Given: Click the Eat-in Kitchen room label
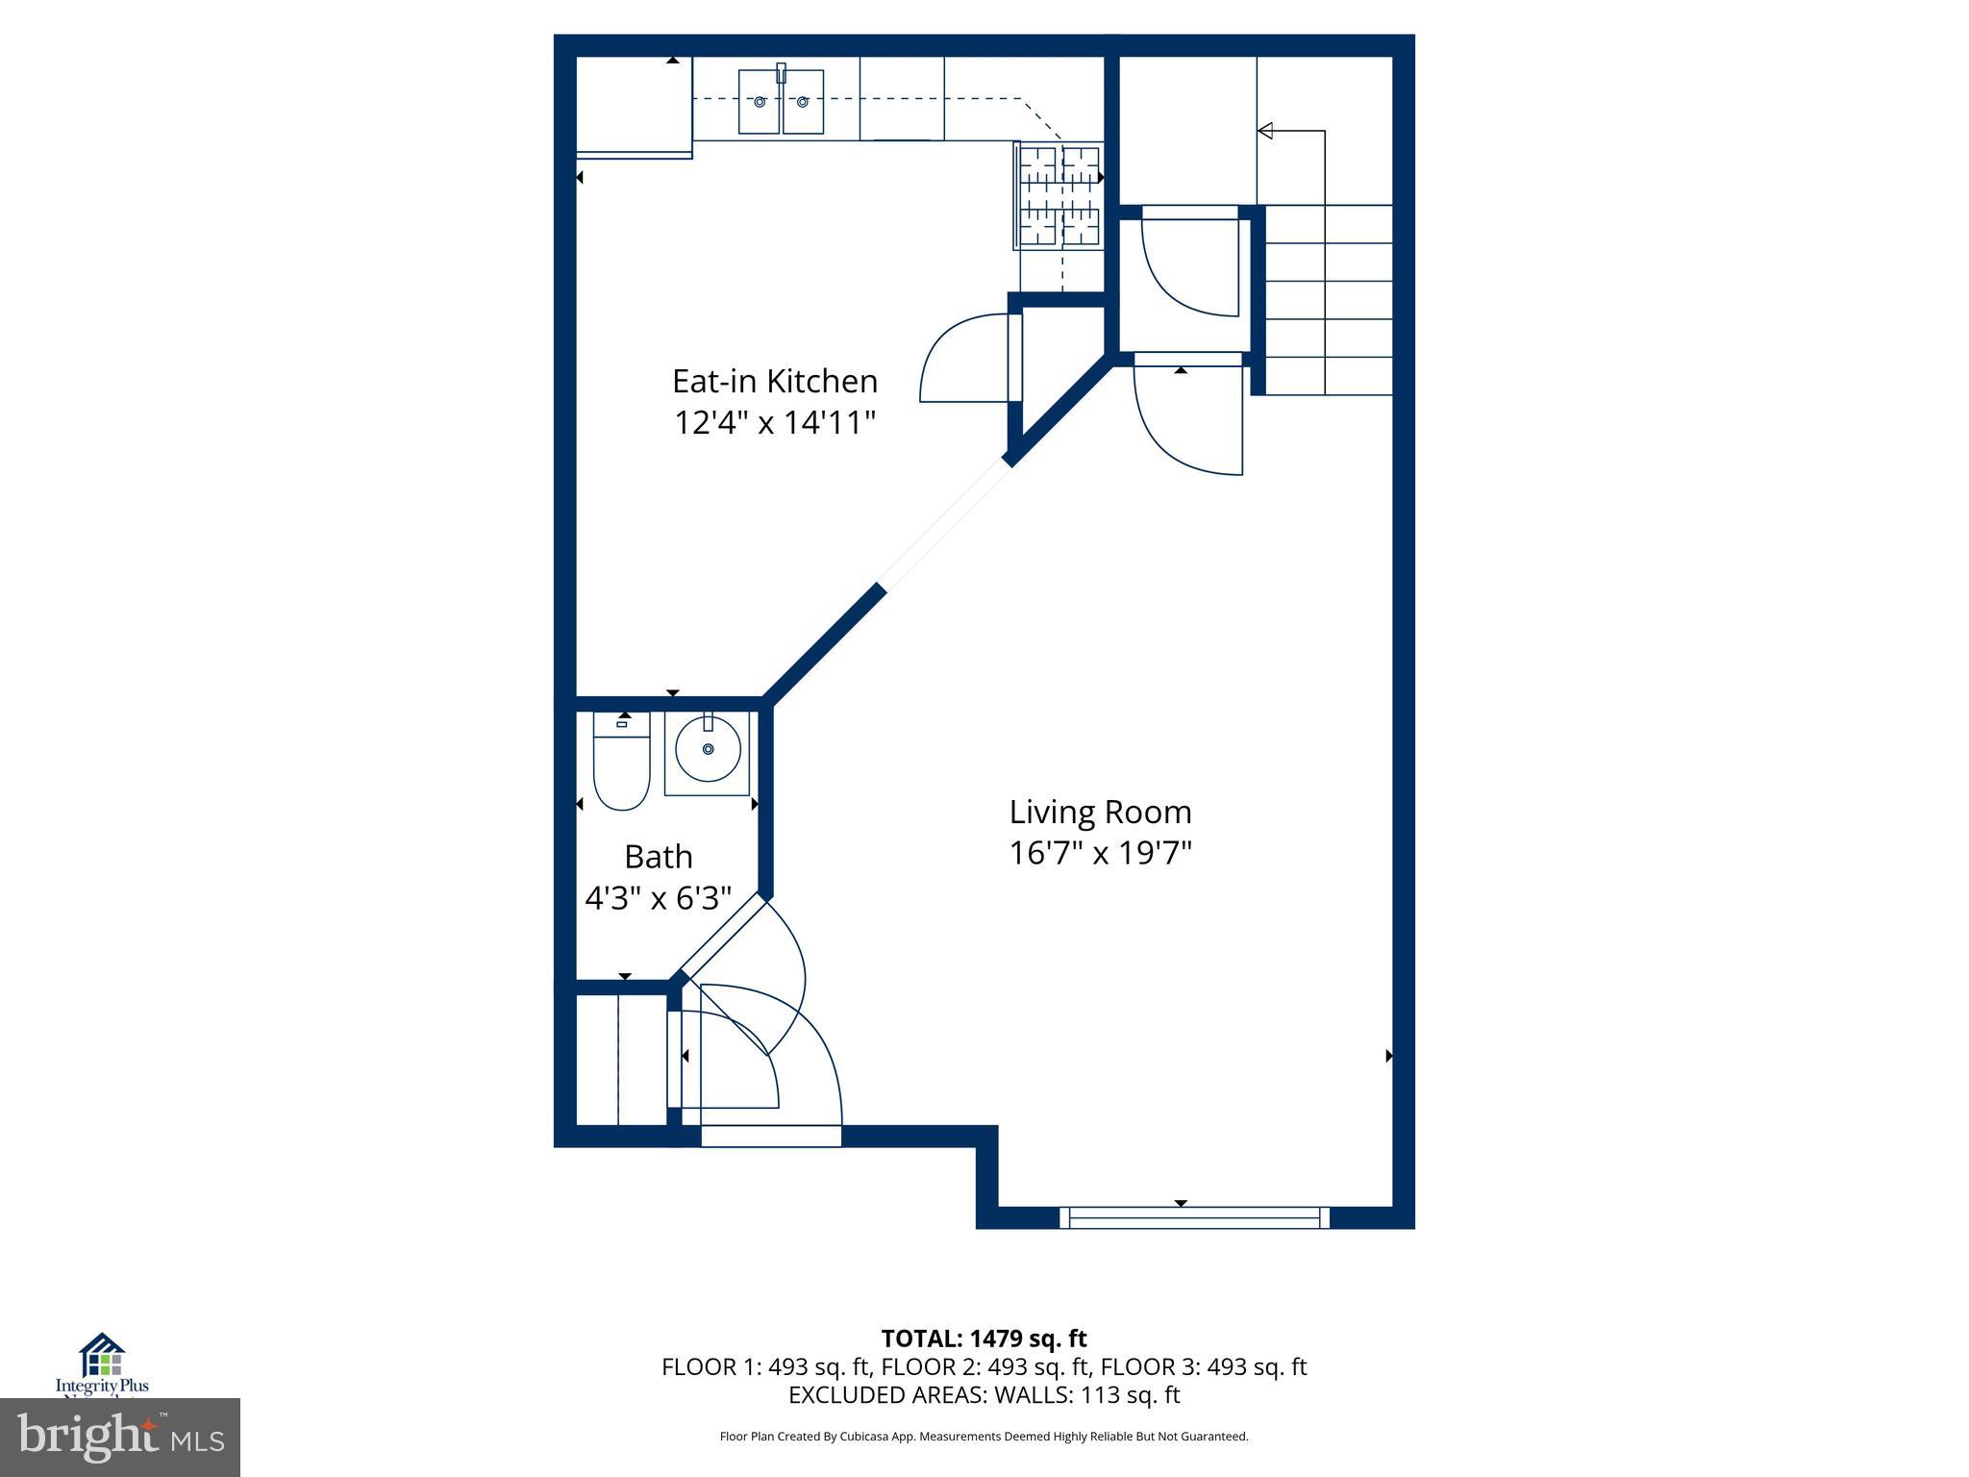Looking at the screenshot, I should [x=774, y=382].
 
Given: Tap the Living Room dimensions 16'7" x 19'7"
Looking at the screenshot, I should [x=1100, y=853].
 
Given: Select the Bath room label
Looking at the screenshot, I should [x=658, y=856].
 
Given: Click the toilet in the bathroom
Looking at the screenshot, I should [x=621, y=770].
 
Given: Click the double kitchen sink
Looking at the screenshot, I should [x=781, y=101].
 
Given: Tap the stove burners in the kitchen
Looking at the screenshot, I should [x=1059, y=195].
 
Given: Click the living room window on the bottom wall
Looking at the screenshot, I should [x=1194, y=1217].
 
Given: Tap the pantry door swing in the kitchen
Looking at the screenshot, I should [x=966, y=361].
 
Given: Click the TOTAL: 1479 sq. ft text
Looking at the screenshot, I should [x=984, y=1339].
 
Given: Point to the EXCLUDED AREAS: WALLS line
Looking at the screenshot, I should [x=984, y=1394].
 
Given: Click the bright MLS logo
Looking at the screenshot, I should [x=120, y=1437].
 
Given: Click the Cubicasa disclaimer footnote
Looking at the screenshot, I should [x=984, y=1437].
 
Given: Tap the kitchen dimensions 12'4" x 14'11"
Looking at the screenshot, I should [x=774, y=422].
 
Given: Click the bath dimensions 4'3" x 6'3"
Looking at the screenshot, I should [x=658, y=898].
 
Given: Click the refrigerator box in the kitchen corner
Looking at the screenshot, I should [x=633, y=104].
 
